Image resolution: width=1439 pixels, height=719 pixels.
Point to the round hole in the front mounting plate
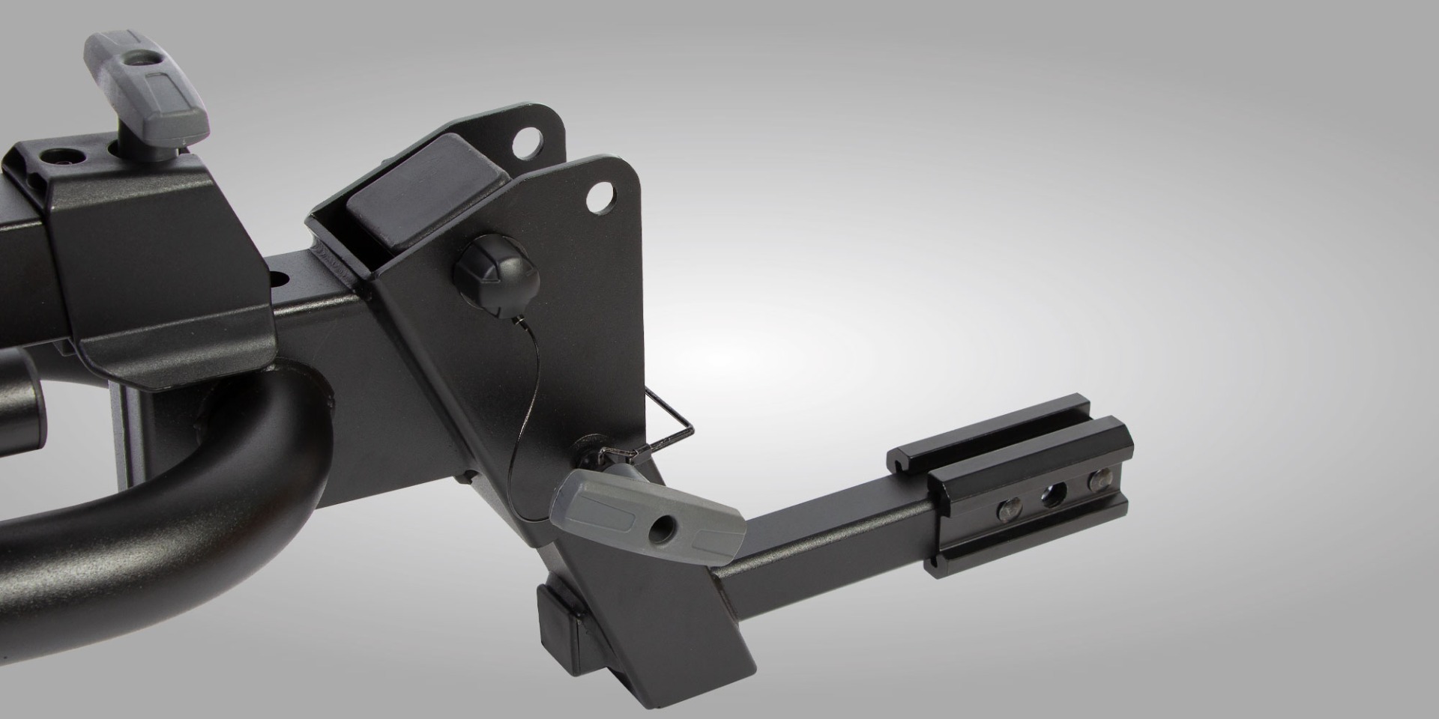click(x=599, y=199)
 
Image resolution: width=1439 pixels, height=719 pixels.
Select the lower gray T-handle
click(x=645, y=517)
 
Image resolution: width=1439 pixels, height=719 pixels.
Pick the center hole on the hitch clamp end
click(x=1054, y=494)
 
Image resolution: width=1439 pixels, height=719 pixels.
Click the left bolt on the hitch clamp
click(x=1007, y=510)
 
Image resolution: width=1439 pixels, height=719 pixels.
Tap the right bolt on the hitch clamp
click(x=1099, y=480)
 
